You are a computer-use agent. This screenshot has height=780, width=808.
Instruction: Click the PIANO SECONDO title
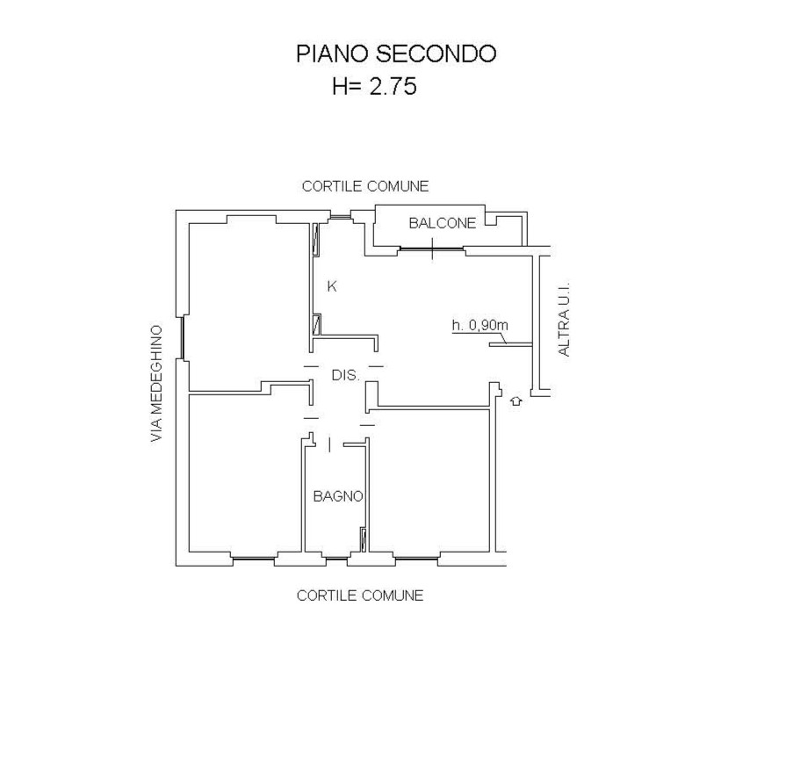pos(396,54)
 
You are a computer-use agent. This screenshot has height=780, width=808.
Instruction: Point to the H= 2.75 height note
pos(374,87)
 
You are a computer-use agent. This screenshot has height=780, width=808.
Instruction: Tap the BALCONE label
pos(442,223)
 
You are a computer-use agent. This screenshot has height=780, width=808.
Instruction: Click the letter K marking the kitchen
pos(332,286)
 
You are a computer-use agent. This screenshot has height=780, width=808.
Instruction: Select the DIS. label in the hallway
pos(345,375)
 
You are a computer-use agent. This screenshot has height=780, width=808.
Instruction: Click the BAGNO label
pos(338,496)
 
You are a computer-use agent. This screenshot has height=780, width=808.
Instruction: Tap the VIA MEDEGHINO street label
pos(156,383)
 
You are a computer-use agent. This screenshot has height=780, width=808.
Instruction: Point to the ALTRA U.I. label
pos(564,319)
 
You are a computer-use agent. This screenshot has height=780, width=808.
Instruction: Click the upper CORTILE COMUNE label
pos(364,186)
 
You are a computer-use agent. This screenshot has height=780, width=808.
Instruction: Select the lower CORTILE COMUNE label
pos(360,596)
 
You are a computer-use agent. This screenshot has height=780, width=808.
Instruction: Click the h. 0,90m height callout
pos(480,325)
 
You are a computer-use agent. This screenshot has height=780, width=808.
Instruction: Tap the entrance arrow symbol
pos(516,401)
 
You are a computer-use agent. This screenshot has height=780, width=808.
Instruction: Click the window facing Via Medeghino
pos(183,337)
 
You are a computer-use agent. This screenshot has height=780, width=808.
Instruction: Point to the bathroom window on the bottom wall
pos(336,558)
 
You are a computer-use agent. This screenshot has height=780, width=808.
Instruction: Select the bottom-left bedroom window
pos(254,557)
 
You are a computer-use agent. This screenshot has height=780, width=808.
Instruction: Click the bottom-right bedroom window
pos(416,557)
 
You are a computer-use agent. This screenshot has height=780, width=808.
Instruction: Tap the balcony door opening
pos(432,249)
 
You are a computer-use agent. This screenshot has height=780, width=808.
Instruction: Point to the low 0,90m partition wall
pos(510,344)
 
